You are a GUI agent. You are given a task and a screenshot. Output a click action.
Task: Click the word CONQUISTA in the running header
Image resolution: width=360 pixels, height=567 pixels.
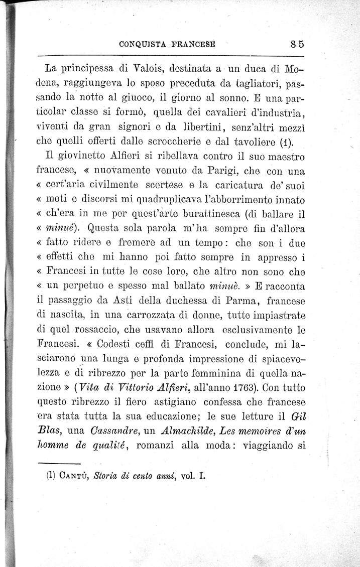point(142,44)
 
